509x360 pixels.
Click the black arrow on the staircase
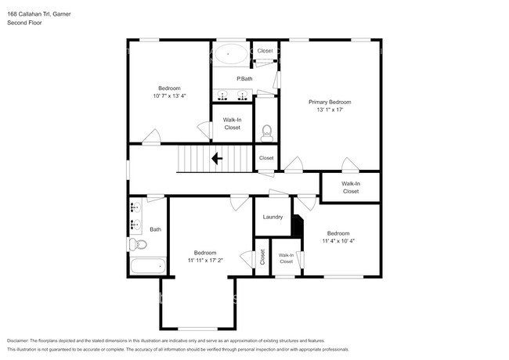(217, 159)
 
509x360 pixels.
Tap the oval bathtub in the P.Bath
(230, 54)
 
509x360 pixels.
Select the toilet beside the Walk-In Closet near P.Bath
(267, 133)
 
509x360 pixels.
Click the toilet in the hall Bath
(138, 244)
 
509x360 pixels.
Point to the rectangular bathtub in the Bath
(149, 266)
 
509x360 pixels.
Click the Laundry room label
(273, 217)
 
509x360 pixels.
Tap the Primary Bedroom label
(330, 103)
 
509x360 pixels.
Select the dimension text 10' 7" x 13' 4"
(169, 96)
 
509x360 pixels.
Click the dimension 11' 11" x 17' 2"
(205, 261)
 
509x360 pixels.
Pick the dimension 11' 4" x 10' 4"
(338, 241)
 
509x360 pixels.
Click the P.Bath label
(244, 78)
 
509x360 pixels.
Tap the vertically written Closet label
(262, 257)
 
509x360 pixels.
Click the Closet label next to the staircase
(266, 158)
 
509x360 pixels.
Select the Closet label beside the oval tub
(265, 51)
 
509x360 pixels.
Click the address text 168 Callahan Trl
(29, 14)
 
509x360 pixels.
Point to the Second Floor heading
(24, 23)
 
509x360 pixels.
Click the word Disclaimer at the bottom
(18, 341)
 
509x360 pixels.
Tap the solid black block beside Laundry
(297, 225)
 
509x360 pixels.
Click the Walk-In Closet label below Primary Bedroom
(351, 188)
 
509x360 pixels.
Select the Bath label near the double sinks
(156, 229)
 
